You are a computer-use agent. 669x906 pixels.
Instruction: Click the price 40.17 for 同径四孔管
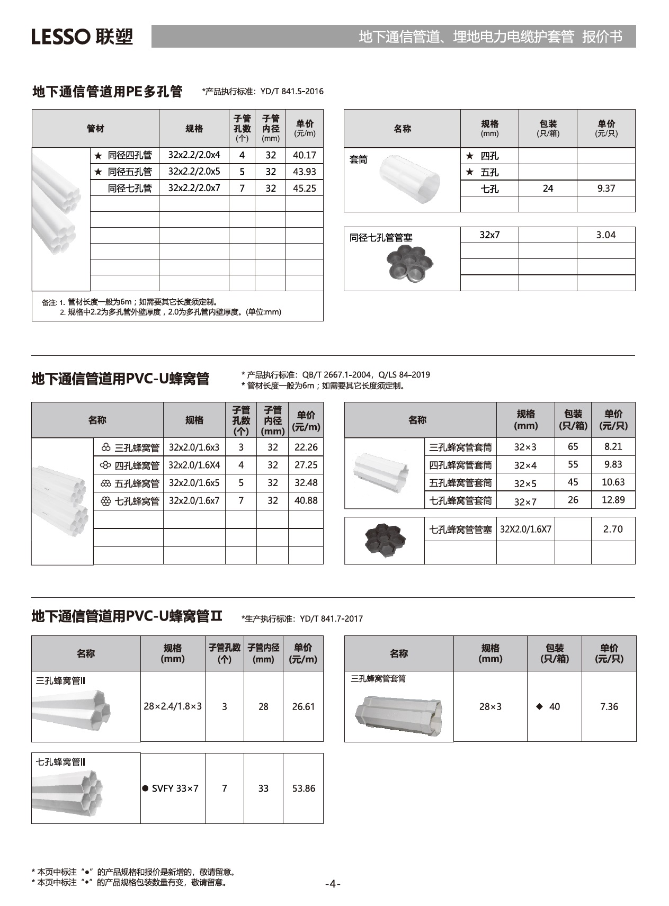click(304, 155)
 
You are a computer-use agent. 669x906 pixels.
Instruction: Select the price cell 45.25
click(304, 188)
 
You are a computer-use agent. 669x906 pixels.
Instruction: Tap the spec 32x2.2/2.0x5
click(194, 172)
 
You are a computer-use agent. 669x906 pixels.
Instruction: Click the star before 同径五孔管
click(98, 172)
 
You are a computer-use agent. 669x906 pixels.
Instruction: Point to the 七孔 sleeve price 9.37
click(606, 188)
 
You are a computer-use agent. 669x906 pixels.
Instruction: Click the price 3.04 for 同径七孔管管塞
click(606, 235)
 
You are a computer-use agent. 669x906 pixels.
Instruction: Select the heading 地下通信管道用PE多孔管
click(108, 92)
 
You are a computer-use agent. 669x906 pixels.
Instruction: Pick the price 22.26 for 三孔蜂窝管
click(306, 447)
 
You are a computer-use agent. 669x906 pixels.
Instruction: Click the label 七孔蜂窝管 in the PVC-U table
click(137, 501)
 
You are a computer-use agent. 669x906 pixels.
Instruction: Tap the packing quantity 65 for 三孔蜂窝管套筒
click(573, 446)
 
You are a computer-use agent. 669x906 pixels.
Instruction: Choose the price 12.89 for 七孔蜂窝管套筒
click(613, 500)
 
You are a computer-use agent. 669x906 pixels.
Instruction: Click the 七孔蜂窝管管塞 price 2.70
click(613, 529)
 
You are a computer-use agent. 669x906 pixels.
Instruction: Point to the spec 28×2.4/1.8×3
click(173, 706)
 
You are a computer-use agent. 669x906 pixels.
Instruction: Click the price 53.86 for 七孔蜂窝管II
click(304, 788)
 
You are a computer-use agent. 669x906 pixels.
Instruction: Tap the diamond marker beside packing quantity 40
click(539, 706)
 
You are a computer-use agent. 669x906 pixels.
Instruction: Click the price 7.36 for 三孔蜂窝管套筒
click(609, 706)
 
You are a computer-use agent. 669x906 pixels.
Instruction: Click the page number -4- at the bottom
click(333, 884)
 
